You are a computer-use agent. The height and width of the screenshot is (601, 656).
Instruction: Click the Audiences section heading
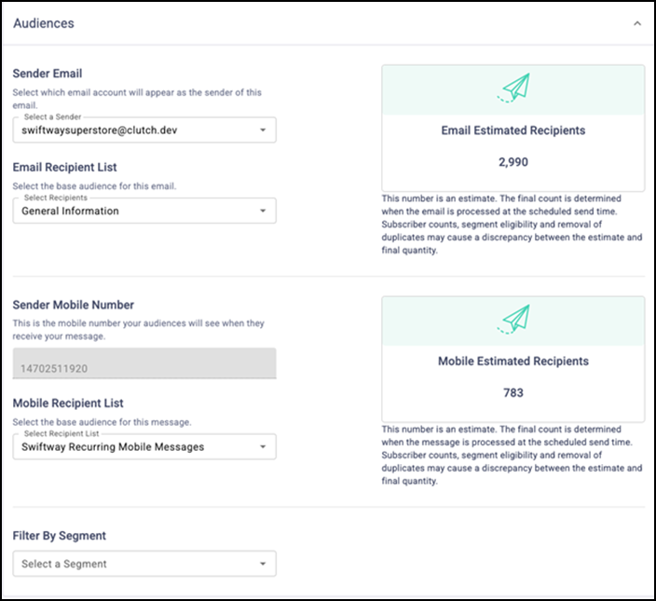tap(44, 22)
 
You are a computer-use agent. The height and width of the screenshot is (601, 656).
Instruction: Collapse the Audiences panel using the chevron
tap(636, 23)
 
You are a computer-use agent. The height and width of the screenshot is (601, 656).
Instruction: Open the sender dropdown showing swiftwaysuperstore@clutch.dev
tap(144, 130)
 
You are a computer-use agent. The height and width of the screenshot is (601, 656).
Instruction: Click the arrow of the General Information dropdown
tap(263, 212)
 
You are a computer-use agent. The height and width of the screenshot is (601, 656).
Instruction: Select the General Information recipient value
tap(71, 212)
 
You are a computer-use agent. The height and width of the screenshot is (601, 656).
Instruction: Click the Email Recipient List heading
tap(64, 168)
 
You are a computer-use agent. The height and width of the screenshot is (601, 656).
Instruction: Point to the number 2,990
tap(512, 162)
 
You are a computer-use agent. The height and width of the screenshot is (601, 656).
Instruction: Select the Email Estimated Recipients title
tap(512, 130)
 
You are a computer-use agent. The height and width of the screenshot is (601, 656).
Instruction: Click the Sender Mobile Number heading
tap(74, 305)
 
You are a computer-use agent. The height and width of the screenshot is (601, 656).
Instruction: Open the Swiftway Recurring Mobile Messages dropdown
tap(144, 447)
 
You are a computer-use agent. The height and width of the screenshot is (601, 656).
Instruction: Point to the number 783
tap(512, 392)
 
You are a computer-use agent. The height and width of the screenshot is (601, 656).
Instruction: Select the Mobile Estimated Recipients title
tap(512, 361)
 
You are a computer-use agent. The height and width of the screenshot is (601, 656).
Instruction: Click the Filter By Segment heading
tap(60, 536)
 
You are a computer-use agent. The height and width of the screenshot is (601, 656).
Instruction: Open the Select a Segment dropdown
tap(144, 564)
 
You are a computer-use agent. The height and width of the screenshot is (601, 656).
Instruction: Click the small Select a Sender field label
tap(52, 116)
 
